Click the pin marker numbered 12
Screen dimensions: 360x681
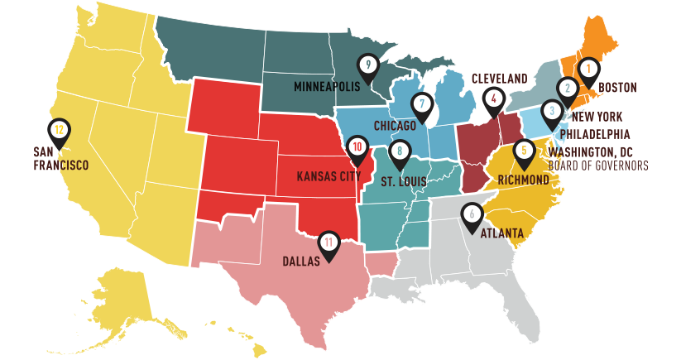59,130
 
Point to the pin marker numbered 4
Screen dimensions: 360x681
494,98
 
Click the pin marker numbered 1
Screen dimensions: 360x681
587,70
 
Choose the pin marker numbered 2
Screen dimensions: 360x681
568,88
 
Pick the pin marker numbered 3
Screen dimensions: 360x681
552,111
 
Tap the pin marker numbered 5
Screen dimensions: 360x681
523,151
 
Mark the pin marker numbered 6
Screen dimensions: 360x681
472,214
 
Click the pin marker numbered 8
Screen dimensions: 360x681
400,151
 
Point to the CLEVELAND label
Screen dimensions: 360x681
499,78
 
